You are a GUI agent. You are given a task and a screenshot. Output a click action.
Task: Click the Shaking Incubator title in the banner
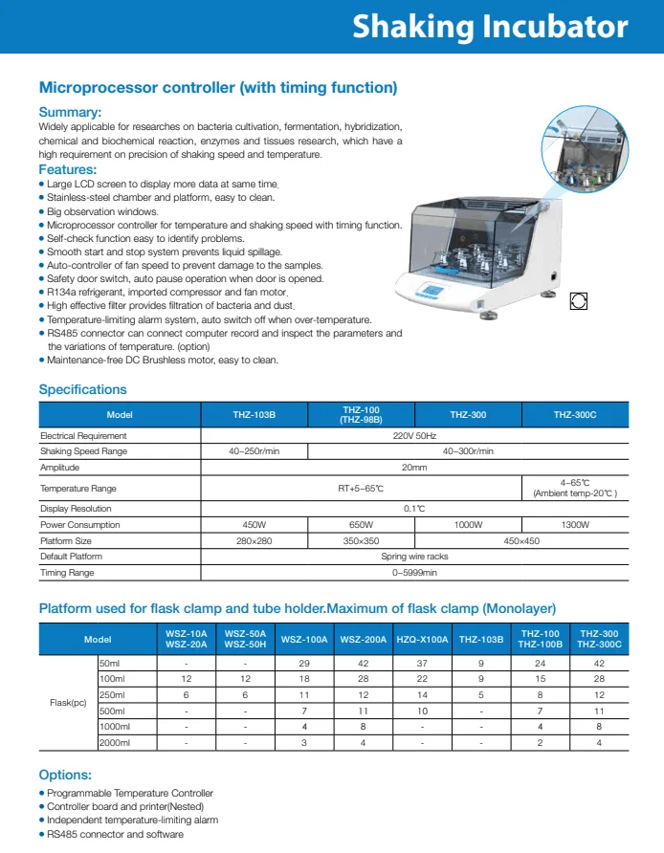[x=490, y=27]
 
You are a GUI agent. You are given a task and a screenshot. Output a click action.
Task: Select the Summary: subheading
[x=70, y=113]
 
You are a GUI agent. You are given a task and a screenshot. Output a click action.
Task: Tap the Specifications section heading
[x=82, y=389]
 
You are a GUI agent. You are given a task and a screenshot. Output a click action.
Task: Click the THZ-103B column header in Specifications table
[x=254, y=415]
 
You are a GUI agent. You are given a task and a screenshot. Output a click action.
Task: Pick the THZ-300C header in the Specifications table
[x=574, y=415]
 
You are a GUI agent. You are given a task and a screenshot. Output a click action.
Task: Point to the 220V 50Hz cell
[x=414, y=435]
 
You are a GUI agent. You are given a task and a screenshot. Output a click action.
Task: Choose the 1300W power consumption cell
[x=574, y=525]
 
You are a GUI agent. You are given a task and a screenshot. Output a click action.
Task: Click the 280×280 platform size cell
[x=254, y=540]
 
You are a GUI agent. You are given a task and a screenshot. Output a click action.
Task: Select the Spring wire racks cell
[x=414, y=556]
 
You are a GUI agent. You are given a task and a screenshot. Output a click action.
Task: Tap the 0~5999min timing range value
[x=414, y=572]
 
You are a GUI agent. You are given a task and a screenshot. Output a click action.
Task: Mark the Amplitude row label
[x=59, y=468]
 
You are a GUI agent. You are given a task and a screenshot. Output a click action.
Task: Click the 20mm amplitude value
[x=414, y=468]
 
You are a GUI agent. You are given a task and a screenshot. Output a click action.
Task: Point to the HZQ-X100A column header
[x=421, y=639]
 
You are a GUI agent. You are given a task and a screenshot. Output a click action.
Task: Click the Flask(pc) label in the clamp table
[x=68, y=703]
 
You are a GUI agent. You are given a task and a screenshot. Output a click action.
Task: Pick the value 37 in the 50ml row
[x=421, y=662]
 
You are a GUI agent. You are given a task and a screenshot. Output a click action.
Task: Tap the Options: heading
[x=65, y=775]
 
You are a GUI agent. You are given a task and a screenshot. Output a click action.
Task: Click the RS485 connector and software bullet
[x=115, y=834]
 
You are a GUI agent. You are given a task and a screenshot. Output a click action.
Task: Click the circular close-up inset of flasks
[x=586, y=145]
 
